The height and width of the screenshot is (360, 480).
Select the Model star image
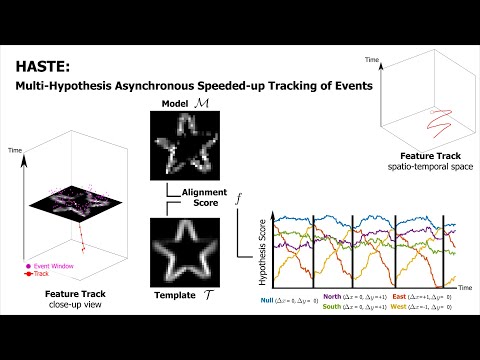click(x=185, y=143)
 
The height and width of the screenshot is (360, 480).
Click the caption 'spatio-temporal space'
click(x=426, y=168)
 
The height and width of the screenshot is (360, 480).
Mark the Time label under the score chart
click(x=456, y=286)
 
